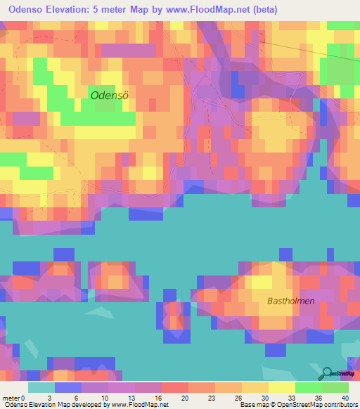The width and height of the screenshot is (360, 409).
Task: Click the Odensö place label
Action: click(x=110, y=94)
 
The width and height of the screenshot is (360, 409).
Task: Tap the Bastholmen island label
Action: click(x=290, y=301)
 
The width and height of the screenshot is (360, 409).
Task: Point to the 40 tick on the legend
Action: click(x=345, y=398)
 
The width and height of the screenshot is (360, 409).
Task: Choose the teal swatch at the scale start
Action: click(x=41, y=387)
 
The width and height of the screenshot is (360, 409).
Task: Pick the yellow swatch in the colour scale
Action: click(x=281, y=387)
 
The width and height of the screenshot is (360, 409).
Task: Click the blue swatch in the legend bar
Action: click(x=68, y=387)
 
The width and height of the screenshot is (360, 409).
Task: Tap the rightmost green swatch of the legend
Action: click(x=335, y=387)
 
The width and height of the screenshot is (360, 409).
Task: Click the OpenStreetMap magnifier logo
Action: click(x=326, y=374)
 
